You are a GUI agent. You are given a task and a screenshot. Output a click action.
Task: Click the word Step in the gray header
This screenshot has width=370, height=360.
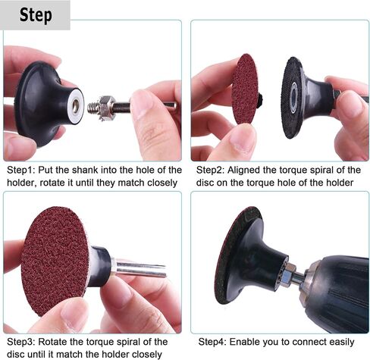coord(36,15)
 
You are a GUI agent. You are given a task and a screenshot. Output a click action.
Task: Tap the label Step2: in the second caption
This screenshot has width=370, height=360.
coord(210,170)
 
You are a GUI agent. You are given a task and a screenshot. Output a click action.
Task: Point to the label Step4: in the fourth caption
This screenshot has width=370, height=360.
coord(212,342)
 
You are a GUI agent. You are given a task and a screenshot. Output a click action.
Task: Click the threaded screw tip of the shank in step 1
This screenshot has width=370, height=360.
coord(92,108)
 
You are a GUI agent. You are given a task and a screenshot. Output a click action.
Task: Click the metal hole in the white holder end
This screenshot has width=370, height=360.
coord(76,106)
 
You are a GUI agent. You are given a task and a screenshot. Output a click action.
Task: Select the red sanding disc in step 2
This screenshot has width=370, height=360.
coord(244,89)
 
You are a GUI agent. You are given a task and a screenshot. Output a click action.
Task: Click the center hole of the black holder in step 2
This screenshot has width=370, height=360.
coord(293,95)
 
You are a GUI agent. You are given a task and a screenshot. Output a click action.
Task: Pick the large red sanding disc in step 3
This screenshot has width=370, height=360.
coord(56,261)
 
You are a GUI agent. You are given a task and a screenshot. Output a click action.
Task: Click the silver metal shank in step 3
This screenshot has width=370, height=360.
coord(139,269)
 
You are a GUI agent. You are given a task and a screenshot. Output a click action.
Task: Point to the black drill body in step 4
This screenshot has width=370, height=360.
coord(336,293)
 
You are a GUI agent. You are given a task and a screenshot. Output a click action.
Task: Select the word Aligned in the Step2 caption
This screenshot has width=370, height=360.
coord(244,171)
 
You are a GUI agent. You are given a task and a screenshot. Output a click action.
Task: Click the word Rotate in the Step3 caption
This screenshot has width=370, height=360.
coord(52,342)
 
